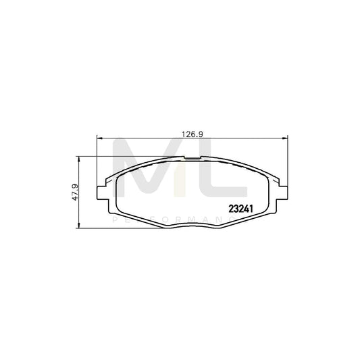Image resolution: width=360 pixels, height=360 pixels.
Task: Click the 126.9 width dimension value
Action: click(187, 133)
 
